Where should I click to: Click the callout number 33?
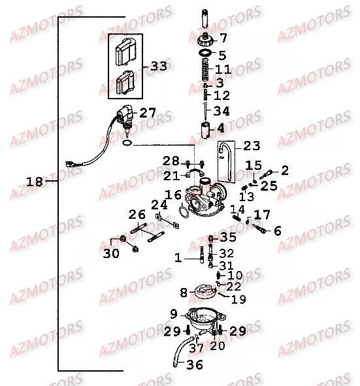coord(159,66)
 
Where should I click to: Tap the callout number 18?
coord(35,182)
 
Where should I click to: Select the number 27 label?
coord(148,113)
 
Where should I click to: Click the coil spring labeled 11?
coord(206,69)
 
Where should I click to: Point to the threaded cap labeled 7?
coord(205,40)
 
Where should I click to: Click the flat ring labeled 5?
coord(205,52)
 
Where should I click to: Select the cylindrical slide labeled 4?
coord(205,130)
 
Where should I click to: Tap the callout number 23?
coord(252,146)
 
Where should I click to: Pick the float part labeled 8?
coord(205,291)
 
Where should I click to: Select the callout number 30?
coord(111,253)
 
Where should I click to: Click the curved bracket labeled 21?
coord(195,173)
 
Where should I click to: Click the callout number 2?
coord(285,170)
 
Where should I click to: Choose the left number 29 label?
coord(172,331)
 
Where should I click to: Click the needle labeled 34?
coord(205,112)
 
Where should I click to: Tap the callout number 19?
coord(238,300)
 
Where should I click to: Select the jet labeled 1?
coord(202,255)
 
